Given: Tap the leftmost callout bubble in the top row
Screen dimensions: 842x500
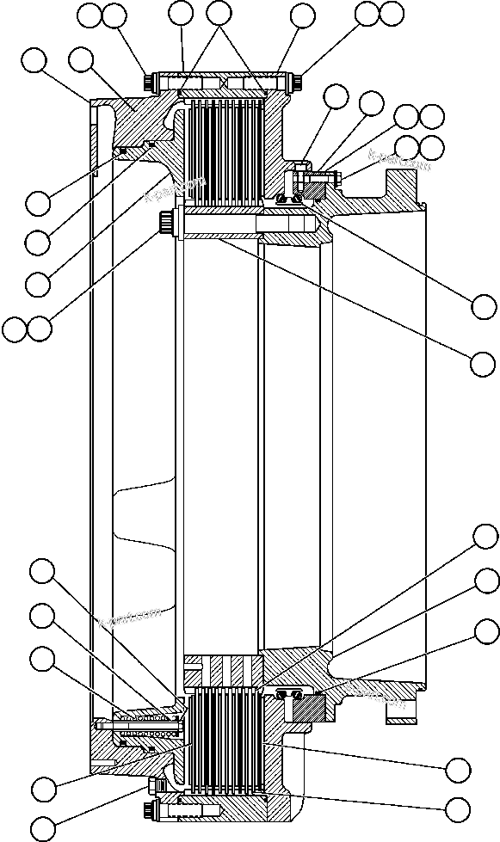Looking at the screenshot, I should (90, 14).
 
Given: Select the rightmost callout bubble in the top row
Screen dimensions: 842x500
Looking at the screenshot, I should (392, 13).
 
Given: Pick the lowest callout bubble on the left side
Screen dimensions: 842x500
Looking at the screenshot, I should (40, 827).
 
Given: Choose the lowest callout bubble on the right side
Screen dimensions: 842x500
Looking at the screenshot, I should (458, 808).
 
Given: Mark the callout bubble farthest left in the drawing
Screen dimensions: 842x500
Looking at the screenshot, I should (15, 329).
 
